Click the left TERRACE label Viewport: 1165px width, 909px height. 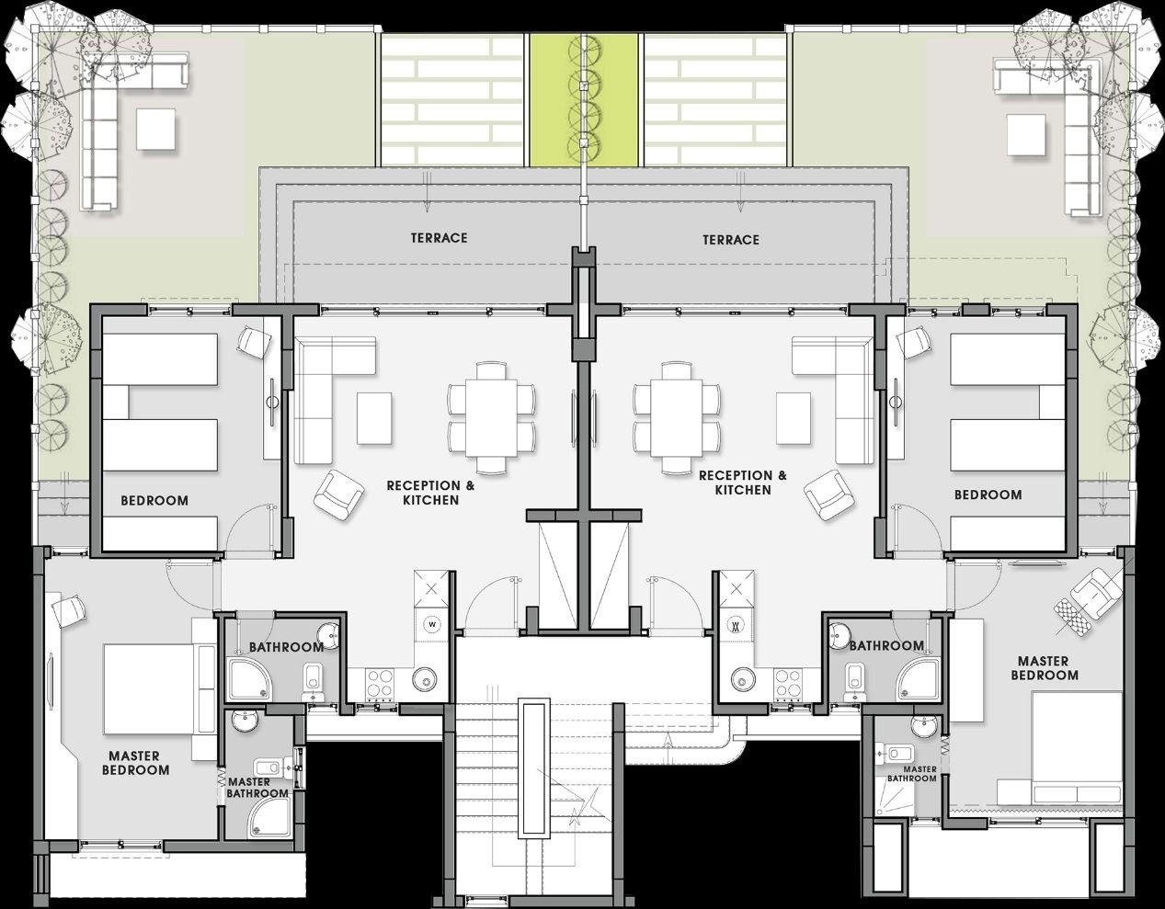[x=440, y=238]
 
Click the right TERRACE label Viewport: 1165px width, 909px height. [x=731, y=240]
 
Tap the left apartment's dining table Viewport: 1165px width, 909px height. [x=491, y=417]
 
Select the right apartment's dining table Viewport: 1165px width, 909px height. [x=677, y=417]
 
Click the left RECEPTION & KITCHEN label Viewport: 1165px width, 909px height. [x=430, y=493]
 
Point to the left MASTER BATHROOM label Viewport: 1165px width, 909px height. [x=257, y=788]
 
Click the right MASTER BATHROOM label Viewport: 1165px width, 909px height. [x=911, y=774]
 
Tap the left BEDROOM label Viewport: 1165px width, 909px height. [x=154, y=501]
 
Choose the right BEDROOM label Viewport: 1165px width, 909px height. [x=988, y=495]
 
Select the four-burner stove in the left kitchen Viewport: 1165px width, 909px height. [x=380, y=685]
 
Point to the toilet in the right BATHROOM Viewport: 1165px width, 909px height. [x=853, y=679]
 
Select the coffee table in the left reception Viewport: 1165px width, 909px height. [x=374, y=418]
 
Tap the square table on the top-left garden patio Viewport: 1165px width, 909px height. [x=156, y=129]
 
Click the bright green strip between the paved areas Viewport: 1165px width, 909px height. [x=584, y=100]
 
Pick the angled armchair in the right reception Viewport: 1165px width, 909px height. [x=828, y=494]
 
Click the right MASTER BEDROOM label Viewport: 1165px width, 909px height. [x=1044, y=668]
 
